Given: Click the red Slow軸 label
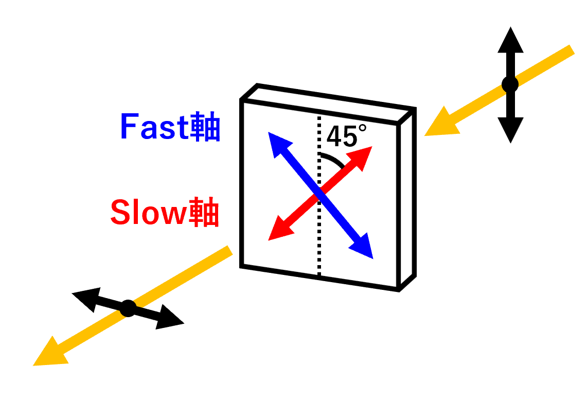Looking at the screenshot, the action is coord(165,213).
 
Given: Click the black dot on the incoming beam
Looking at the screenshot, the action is coord(510,84).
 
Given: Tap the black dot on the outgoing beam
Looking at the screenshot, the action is coord(128,308).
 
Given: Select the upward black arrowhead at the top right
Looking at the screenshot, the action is coord(510,41).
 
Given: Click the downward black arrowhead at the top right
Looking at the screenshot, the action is coord(510,129).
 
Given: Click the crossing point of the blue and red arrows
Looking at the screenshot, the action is coord(320,195).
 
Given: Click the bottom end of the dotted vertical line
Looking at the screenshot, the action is coord(319,273).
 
